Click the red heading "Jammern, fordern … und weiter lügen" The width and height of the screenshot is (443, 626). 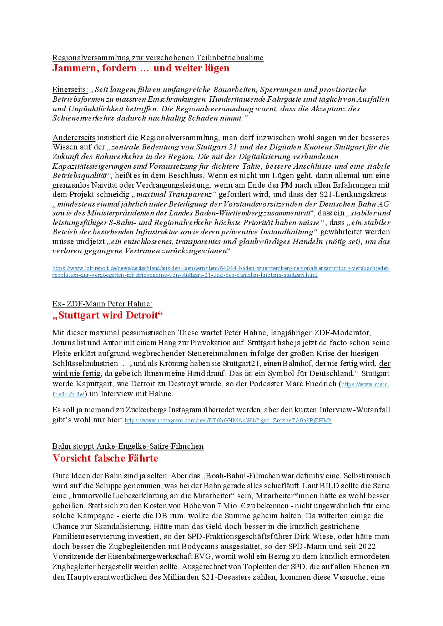[141, 68]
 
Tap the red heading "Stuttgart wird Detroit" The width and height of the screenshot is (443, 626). [107, 315]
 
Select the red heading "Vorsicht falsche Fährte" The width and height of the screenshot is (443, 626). [105, 458]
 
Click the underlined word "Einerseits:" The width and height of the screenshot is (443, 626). [70, 90]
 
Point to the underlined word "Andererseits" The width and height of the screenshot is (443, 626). [74, 138]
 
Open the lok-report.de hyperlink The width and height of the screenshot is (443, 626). [221, 268]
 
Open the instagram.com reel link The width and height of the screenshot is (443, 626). [228, 421]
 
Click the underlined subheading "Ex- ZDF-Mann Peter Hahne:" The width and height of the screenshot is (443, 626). [102, 304]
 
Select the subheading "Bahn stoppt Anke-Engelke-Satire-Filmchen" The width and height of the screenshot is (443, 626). [128, 446]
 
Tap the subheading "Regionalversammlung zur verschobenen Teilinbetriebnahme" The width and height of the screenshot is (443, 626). [158, 58]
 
